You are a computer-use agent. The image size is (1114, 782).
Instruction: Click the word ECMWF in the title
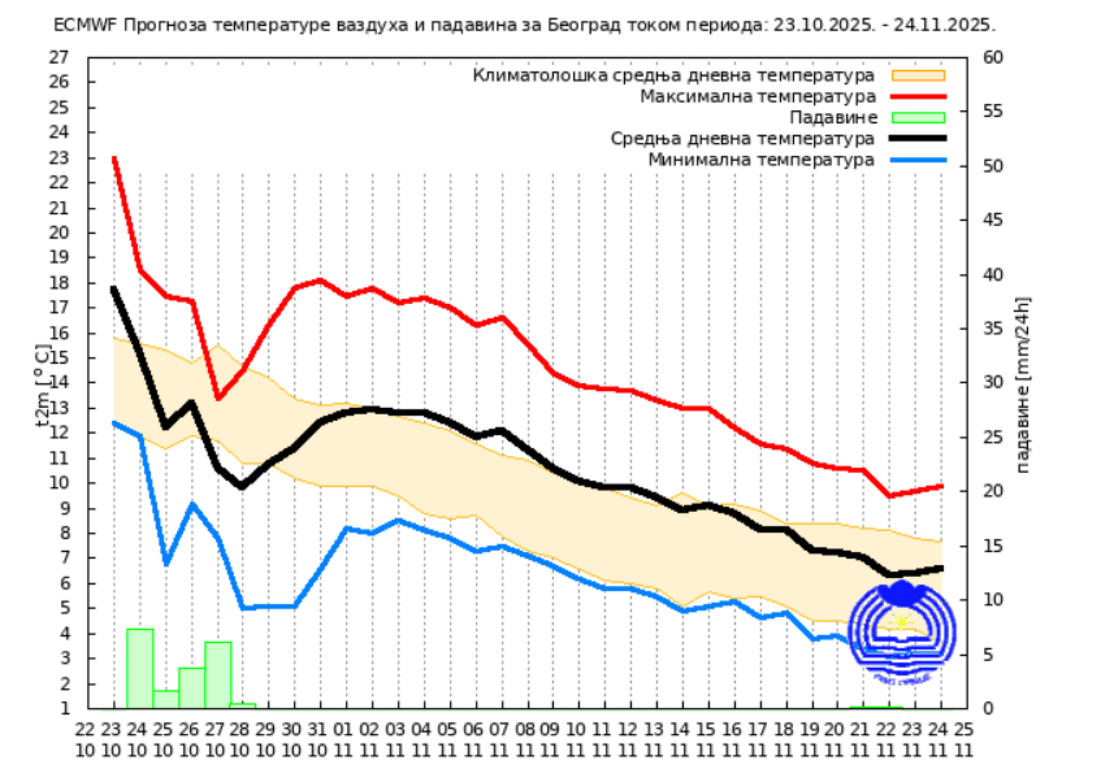click(85, 25)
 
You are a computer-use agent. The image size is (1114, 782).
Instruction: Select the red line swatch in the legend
click(918, 97)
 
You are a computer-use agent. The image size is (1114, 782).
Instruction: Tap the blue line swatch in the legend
click(918, 160)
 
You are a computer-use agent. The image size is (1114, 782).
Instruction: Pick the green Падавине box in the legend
click(918, 117)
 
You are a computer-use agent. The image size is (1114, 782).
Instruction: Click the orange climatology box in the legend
click(918, 76)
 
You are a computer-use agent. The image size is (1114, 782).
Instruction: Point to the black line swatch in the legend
click(918, 139)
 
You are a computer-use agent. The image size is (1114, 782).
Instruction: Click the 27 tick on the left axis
click(59, 57)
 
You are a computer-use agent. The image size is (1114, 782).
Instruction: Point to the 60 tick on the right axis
click(993, 57)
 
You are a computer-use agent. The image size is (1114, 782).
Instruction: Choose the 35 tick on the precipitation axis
click(993, 328)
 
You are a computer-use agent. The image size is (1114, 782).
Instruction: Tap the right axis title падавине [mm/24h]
click(1022, 385)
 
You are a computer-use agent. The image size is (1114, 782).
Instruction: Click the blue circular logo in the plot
click(902, 631)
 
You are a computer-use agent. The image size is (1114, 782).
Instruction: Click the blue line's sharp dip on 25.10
click(166, 563)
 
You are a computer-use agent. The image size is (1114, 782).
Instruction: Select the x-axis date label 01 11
click(343, 740)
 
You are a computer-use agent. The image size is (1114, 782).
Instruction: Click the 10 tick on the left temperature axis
click(59, 482)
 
